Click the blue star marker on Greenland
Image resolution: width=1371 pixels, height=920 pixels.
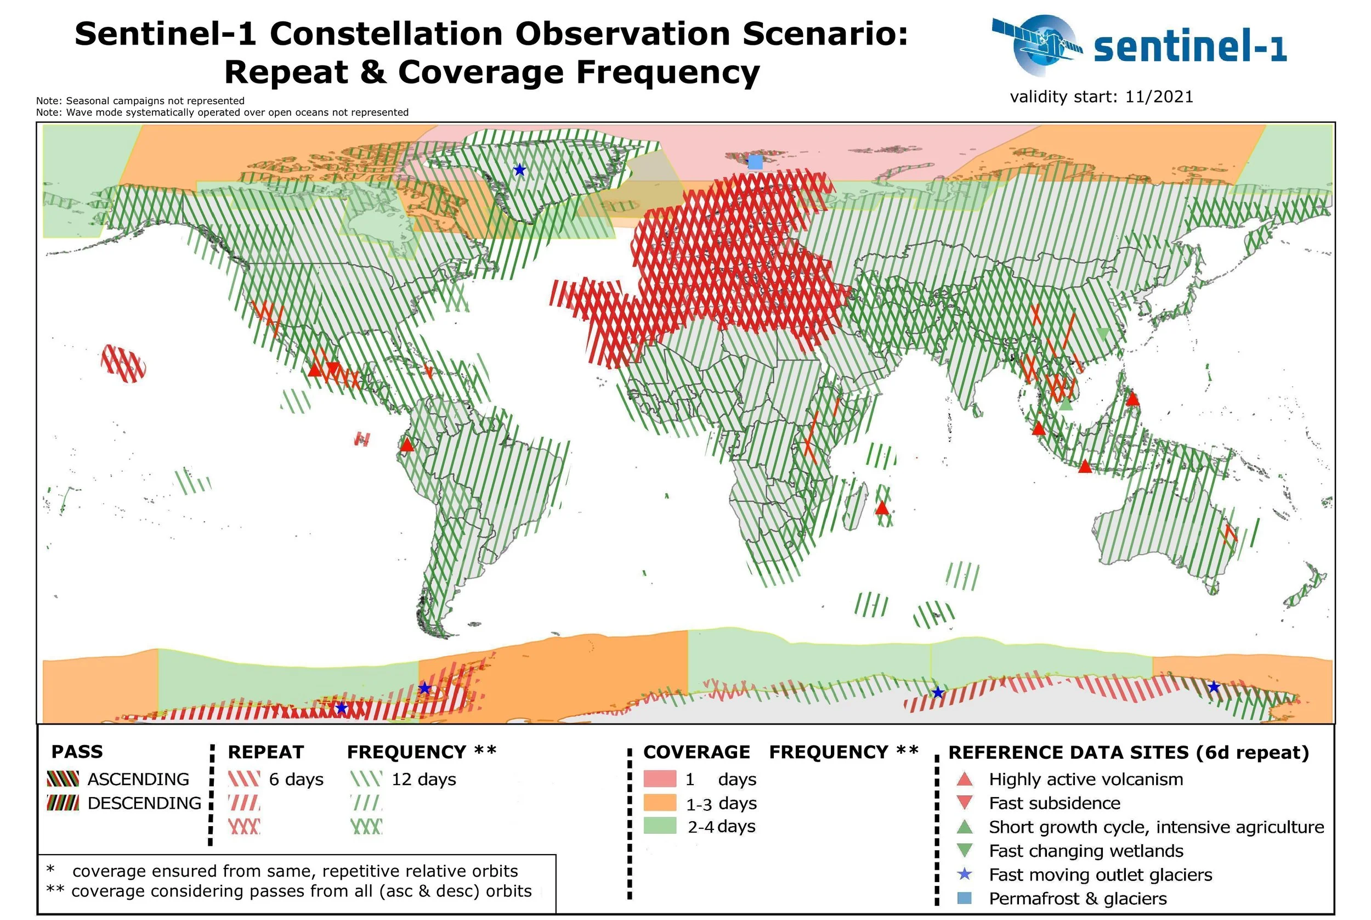pyautogui.click(x=519, y=170)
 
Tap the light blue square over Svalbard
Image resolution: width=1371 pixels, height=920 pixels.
pyautogui.click(x=755, y=162)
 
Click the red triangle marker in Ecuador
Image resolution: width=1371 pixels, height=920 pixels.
pyautogui.click(x=406, y=445)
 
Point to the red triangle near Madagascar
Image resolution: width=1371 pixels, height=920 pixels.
pyautogui.click(x=882, y=508)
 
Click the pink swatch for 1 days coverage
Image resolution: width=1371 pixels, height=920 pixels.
pyautogui.click(x=660, y=778)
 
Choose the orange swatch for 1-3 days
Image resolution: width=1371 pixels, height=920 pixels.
pyautogui.click(x=660, y=803)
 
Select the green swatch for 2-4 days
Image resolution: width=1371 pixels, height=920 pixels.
pyautogui.click(x=660, y=826)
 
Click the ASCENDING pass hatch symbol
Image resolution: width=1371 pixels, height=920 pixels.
pyautogui.click(x=63, y=779)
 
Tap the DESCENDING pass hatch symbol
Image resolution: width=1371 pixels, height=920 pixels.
pyautogui.click(x=63, y=803)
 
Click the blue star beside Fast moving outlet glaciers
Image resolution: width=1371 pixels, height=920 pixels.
pyautogui.click(x=964, y=874)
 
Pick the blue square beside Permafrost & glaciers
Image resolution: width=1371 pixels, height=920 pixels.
pyautogui.click(x=964, y=898)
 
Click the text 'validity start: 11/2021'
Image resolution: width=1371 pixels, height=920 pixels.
pyautogui.click(x=1101, y=97)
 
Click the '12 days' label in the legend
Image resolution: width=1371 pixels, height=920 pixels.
pyautogui.click(x=423, y=779)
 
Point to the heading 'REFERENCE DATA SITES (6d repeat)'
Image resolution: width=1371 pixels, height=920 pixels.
pyautogui.click(x=1128, y=752)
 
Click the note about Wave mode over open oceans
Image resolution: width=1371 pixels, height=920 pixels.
pyautogui.click(x=222, y=112)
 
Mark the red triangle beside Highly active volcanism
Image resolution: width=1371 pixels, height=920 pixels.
pyautogui.click(x=965, y=779)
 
